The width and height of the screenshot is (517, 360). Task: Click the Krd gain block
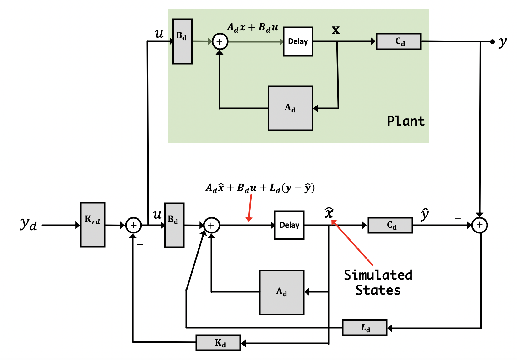pos(93,224)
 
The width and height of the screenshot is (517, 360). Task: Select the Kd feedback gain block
pos(218,342)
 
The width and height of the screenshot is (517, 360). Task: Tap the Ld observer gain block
pos(364,328)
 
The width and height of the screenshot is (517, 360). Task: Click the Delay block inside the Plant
pos(298,41)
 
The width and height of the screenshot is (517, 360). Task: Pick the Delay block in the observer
pos(289,225)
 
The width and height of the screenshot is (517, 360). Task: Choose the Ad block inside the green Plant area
pos(290,108)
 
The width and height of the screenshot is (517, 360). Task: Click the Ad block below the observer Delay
pos(281,292)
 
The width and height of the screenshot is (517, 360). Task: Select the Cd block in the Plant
pos(398,41)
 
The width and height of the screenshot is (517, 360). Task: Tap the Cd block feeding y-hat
pos(390,225)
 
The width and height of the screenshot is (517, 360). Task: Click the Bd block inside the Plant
pos(182,41)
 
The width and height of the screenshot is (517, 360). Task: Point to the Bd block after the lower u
pos(174,225)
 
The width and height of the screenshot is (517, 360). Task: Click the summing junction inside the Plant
pos(220,42)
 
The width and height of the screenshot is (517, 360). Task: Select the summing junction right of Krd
pos(133,225)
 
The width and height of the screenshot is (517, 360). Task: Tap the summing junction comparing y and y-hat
pos(479,225)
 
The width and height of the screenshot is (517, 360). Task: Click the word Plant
pos(405,121)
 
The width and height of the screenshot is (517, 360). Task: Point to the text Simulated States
pos(378,283)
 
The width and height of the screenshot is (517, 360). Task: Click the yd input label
pos(29,224)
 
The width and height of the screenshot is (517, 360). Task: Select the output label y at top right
pos(503,42)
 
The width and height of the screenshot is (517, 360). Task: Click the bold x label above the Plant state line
pos(335,30)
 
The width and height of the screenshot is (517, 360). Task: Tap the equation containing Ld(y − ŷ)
pos(260,188)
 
